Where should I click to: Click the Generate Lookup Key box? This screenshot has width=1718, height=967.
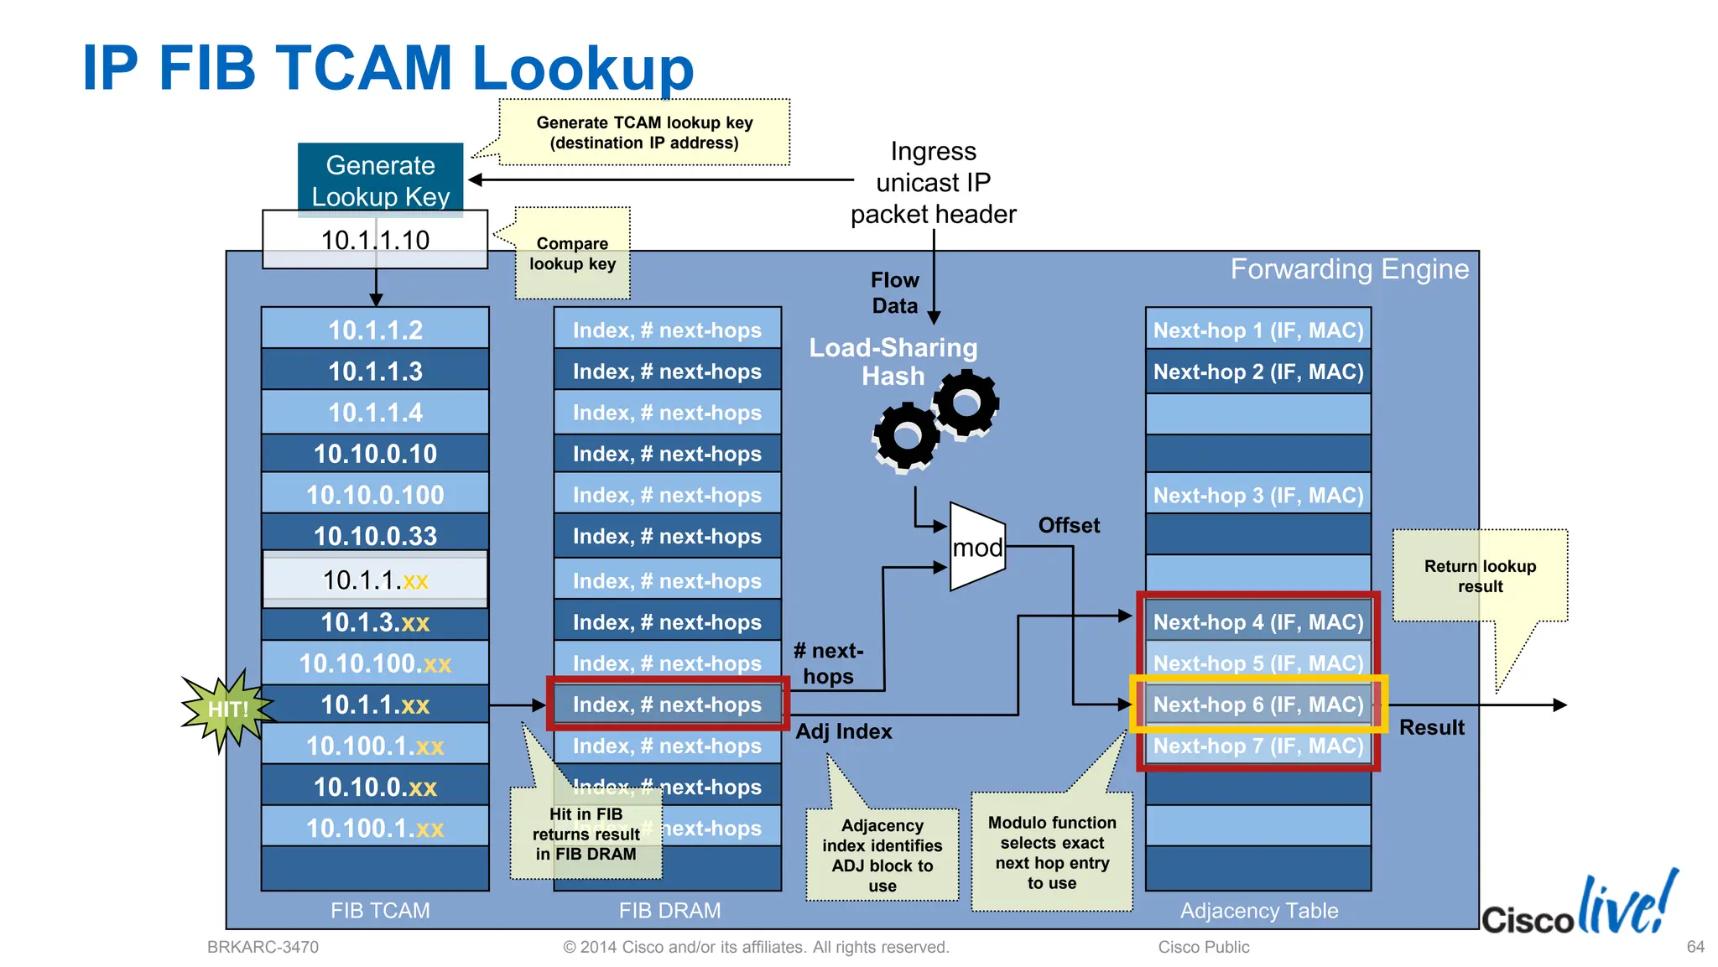coord(380,179)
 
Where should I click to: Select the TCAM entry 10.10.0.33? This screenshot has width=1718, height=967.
coord(375,536)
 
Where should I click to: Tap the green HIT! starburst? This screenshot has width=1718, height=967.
coord(226,710)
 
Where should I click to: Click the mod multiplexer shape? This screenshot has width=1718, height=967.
coord(976,548)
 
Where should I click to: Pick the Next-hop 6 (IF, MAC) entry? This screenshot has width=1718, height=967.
coord(1257,704)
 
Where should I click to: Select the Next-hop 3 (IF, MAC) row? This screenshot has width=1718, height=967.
coord(1257,496)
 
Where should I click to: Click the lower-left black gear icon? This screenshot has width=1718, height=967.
coord(906,435)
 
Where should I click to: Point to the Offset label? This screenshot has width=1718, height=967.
coord(1068,526)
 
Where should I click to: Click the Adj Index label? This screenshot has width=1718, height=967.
coord(843,731)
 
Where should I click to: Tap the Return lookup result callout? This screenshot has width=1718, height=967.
coord(1480,576)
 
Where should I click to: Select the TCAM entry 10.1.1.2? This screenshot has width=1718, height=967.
coord(375,330)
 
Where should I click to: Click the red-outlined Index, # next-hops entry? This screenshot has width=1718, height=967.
coord(667,704)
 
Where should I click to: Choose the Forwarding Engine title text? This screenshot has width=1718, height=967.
coord(1349,269)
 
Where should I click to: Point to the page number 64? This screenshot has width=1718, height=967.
coord(1695,947)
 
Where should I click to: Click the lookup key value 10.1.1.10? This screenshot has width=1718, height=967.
coord(375,241)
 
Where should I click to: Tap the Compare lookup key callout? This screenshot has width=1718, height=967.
coord(572,254)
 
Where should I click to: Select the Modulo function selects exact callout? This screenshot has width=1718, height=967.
coord(1051,852)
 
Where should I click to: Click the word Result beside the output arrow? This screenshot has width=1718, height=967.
coord(1431,728)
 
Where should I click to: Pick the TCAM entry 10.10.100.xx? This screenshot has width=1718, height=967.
coord(375,663)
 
